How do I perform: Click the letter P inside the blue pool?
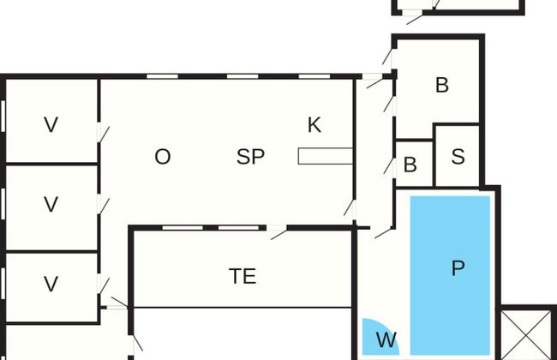[458, 268]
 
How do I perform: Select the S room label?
[458, 157]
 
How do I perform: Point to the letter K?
[314, 125]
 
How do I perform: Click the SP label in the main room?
[250, 157]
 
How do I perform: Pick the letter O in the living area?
[162, 157]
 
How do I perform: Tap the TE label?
[243, 276]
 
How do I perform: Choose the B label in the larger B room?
[442, 85]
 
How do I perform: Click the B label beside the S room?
[410, 165]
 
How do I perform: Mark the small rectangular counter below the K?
[325, 156]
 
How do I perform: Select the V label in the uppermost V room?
[51, 125]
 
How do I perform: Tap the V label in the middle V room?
[51, 204]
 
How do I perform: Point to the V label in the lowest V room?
[51, 284]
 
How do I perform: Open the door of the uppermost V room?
[104, 135]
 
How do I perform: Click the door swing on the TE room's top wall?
[278, 232]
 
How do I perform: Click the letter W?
[386, 340]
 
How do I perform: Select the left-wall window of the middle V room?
[4, 206]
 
